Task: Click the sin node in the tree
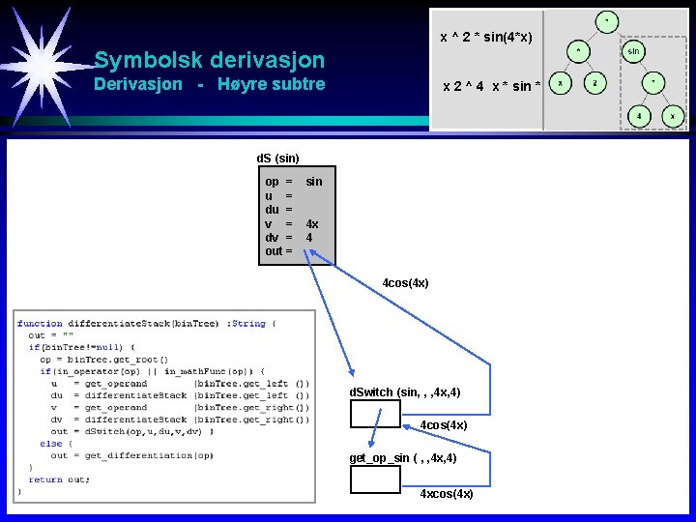tap(634, 49)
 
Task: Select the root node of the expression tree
tap(607, 19)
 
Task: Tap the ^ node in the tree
tap(578, 49)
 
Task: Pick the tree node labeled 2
tap(596, 84)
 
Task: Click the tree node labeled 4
tap(638, 116)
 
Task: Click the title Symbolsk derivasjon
tap(210, 60)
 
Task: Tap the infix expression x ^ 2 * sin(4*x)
tap(486, 38)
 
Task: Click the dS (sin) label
tap(277, 158)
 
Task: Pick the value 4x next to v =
tap(312, 224)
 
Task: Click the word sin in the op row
tap(314, 182)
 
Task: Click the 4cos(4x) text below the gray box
tap(405, 283)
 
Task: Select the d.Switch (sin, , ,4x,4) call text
tap(404, 392)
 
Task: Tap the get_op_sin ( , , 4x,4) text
tap(402, 458)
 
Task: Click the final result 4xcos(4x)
tap(447, 494)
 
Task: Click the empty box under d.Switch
tap(375, 414)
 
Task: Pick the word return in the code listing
tap(44, 478)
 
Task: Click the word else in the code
tap(50, 444)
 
